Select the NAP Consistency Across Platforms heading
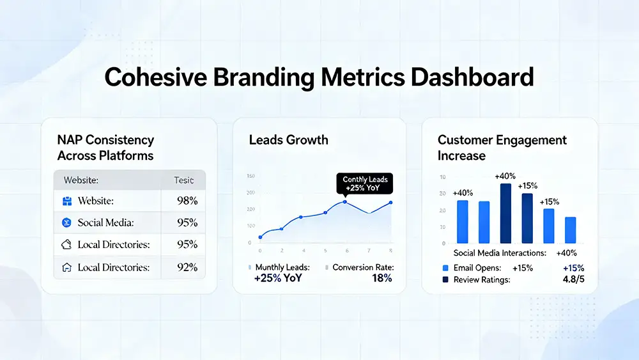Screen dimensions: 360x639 tap(105, 147)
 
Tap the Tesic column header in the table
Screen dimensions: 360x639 tap(184, 180)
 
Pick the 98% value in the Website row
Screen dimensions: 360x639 tap(187, 201)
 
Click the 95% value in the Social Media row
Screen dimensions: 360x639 tap(187, 223)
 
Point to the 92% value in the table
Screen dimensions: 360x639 tap(187, 267)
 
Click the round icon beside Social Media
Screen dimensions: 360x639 tap(66, 223)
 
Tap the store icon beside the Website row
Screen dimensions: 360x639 tap(66, 201)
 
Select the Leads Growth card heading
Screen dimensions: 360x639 tap(289, 139)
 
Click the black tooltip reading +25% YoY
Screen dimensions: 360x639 tap(365, 184)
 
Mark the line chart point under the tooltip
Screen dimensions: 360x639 tap(345, 202)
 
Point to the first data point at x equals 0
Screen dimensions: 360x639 tap(260, 237)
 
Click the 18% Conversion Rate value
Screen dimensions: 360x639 tap(381, 278)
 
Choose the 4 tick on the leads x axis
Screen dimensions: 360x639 tap(303, 250)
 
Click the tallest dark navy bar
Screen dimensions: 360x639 tap(505, 213)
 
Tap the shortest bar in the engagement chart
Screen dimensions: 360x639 tap(570, 230)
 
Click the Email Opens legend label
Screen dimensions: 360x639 tap(477, 268)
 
